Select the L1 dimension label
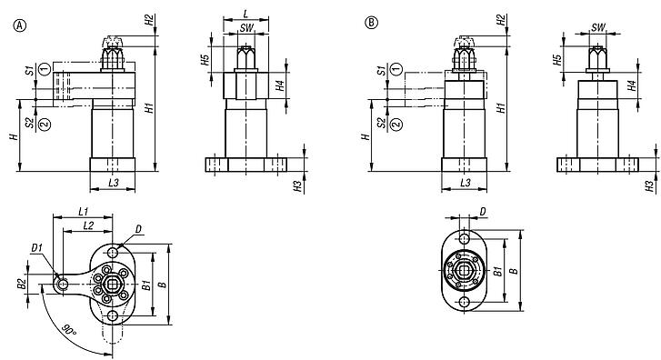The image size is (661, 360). [82, 211]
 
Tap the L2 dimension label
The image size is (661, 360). [87, 224]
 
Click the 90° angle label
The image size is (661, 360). [68, 326]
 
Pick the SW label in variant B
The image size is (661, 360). [597, 28]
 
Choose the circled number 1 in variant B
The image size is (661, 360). [395, 69]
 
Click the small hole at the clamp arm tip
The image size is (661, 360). [62, 285]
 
